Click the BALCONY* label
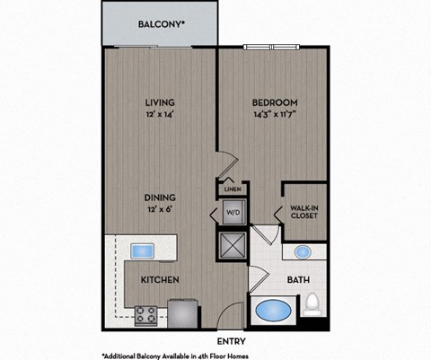click(162, 25)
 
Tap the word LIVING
click(160, 102)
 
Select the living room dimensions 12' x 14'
click(160, 115)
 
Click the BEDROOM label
click(275, 102)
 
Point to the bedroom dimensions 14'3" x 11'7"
click(275, 115)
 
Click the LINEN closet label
click(231, 189)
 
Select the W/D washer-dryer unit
click(231, 214)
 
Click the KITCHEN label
click(160, 280)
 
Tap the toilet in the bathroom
click(312, 306)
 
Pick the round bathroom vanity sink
click(303, 252)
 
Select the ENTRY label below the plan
click(232, 340)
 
